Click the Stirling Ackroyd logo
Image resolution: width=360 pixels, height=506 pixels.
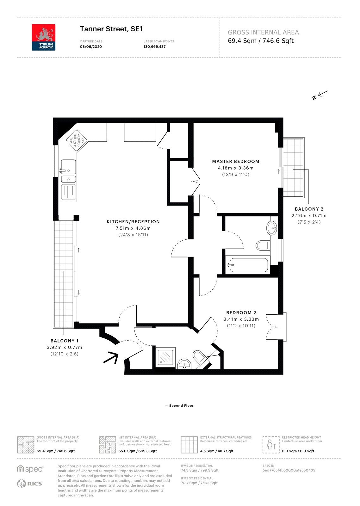44,37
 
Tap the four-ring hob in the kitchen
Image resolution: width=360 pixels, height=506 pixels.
77,140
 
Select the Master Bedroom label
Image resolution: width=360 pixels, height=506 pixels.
236,162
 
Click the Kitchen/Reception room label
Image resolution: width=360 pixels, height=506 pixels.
133,222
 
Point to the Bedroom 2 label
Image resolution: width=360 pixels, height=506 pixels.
241,313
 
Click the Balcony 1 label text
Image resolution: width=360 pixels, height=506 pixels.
65,341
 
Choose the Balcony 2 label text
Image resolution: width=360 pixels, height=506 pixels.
309,209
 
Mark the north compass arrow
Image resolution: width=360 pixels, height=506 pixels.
320,95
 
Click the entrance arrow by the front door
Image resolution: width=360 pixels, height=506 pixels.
111,357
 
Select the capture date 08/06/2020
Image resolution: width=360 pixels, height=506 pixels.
91,47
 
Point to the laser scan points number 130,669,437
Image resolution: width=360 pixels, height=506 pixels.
155,47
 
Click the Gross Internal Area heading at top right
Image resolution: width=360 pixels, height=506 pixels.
263,33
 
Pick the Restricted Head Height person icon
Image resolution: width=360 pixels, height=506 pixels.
271,445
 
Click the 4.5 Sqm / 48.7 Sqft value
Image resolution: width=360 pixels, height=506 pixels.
217,451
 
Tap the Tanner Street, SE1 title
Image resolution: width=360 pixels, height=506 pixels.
111,29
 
